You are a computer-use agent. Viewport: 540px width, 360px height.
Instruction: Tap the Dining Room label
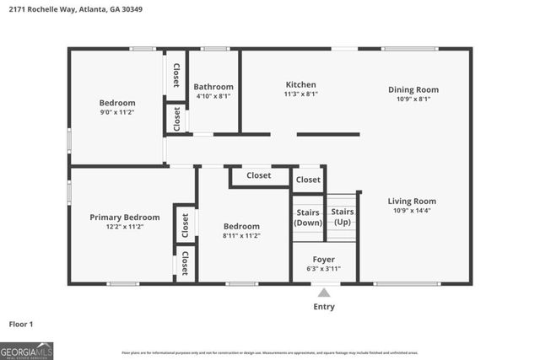pos(413,89)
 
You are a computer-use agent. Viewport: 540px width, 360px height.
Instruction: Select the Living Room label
pos(412,201)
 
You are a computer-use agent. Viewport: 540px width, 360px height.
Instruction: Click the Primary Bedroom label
pos(124,217)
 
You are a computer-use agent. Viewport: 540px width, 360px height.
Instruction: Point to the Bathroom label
pos(213,86)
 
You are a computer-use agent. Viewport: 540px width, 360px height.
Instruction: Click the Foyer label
pos(323,259)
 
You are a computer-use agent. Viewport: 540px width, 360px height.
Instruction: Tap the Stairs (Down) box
pos(307,218)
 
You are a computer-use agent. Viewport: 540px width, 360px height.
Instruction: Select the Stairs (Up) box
pos(342,217)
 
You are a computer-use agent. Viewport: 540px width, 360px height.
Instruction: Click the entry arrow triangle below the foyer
pos(323,293)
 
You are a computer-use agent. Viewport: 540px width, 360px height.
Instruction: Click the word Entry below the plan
pos(323,307)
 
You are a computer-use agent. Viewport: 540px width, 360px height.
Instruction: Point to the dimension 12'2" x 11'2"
pos(124,227)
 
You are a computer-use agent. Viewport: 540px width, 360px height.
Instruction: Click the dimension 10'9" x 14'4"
pos(412,211)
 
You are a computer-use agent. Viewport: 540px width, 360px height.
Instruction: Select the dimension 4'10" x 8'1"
pos(213,96)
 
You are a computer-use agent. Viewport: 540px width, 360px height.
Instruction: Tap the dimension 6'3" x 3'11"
pos(323,269)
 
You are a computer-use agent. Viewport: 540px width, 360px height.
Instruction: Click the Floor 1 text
pos(20,323)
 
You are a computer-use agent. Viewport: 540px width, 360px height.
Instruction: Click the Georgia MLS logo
pos(27,348)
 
